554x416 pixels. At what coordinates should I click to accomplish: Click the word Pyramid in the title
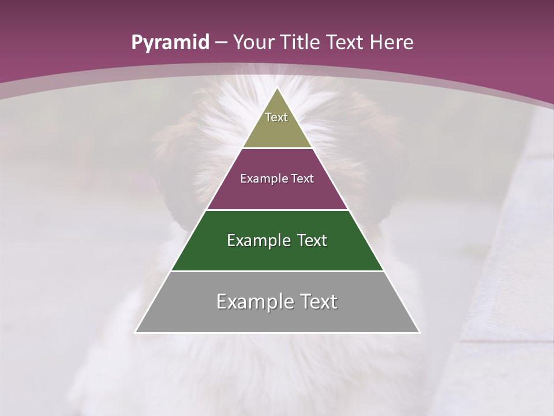[170, 43]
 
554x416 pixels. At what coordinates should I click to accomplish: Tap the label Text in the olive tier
[276, 117]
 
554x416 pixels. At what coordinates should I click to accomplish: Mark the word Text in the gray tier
[317, 302]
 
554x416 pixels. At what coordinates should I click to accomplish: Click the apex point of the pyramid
[277, 88]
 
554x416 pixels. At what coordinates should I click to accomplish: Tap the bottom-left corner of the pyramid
[136, 332]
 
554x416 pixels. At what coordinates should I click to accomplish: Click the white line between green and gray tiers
[277, 271]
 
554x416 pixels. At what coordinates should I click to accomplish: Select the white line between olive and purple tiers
[277, 148]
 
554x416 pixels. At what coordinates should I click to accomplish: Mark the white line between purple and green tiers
[277, 210]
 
